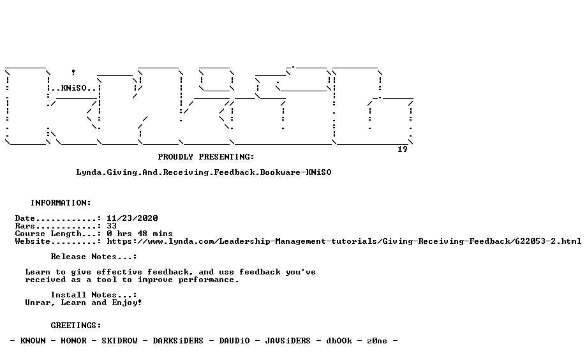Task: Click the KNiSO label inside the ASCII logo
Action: click(x=74, y=89)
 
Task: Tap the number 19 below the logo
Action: click(x=403, y=149)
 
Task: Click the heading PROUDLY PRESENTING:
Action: click(x=206, y=157)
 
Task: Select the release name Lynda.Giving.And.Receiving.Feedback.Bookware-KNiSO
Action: click(x=204, y=172)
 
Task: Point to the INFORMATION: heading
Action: click(x=61, y=203)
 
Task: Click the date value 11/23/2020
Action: click(x=132, y=218)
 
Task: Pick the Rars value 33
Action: click(x=112, y=226)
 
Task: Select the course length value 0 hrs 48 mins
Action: click(x=140, y=234)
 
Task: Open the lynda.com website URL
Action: click(x=344, y=241)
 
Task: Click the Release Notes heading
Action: click(x=94, y=257)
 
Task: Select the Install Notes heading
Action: click(x=94, y=295)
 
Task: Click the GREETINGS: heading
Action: click(x=76, y=326)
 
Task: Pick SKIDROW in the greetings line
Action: click(x=119, y=341)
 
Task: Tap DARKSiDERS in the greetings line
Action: click(x=178, y=341)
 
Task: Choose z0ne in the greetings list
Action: click(x=377, y=341)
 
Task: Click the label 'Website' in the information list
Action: click(x=33, y=241)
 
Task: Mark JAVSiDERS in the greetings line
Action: click(x=288, y=341)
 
